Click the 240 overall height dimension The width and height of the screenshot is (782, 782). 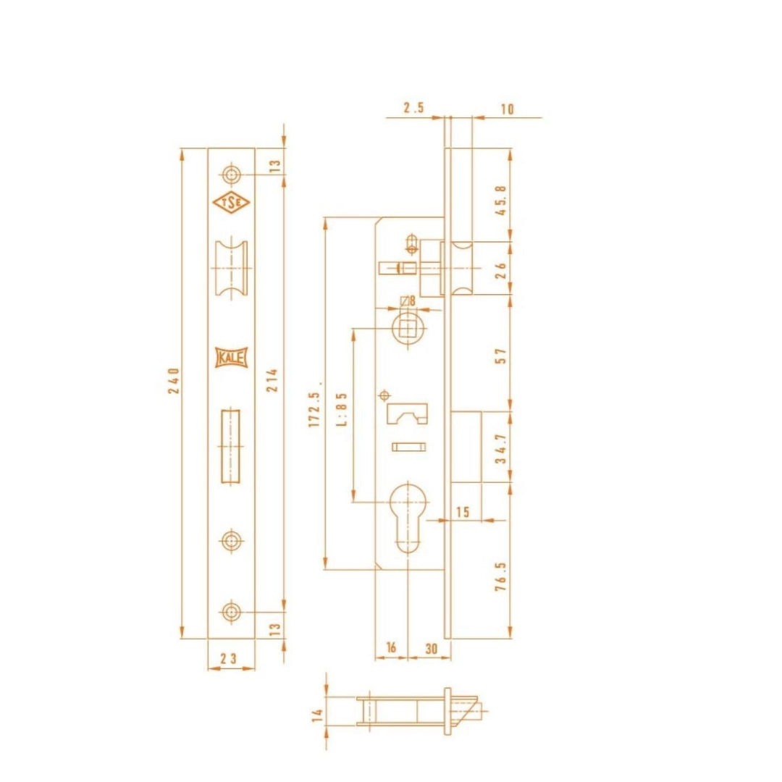point(174,381)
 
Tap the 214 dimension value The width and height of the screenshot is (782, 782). point(272,380)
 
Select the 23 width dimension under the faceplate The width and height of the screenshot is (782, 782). point(229,658)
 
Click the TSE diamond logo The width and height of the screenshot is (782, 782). point(231,203)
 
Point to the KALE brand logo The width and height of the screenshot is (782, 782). point(232,358)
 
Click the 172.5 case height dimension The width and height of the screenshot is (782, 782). point(314,409)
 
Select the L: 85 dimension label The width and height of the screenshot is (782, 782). point(342,409)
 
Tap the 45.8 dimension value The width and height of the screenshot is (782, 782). point(501,201)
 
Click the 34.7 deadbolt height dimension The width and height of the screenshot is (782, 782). point(501,449)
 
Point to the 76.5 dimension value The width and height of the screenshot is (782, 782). point(501,577)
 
